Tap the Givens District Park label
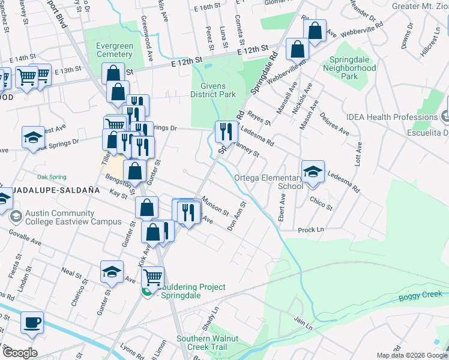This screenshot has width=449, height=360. pos(212,89)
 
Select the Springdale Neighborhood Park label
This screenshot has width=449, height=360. pos(352,68)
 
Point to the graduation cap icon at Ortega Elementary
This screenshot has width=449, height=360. pos(313,172)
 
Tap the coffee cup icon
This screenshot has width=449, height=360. pos(32,322)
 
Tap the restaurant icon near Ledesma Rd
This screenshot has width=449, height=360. pos(226,131)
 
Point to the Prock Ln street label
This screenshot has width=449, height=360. pos(310,230)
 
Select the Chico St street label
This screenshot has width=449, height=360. pos(321,203)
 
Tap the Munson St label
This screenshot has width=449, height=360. pos(215,206)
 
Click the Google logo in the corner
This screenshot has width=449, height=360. pos(19,353)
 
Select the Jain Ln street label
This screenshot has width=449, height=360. pos(303,324)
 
